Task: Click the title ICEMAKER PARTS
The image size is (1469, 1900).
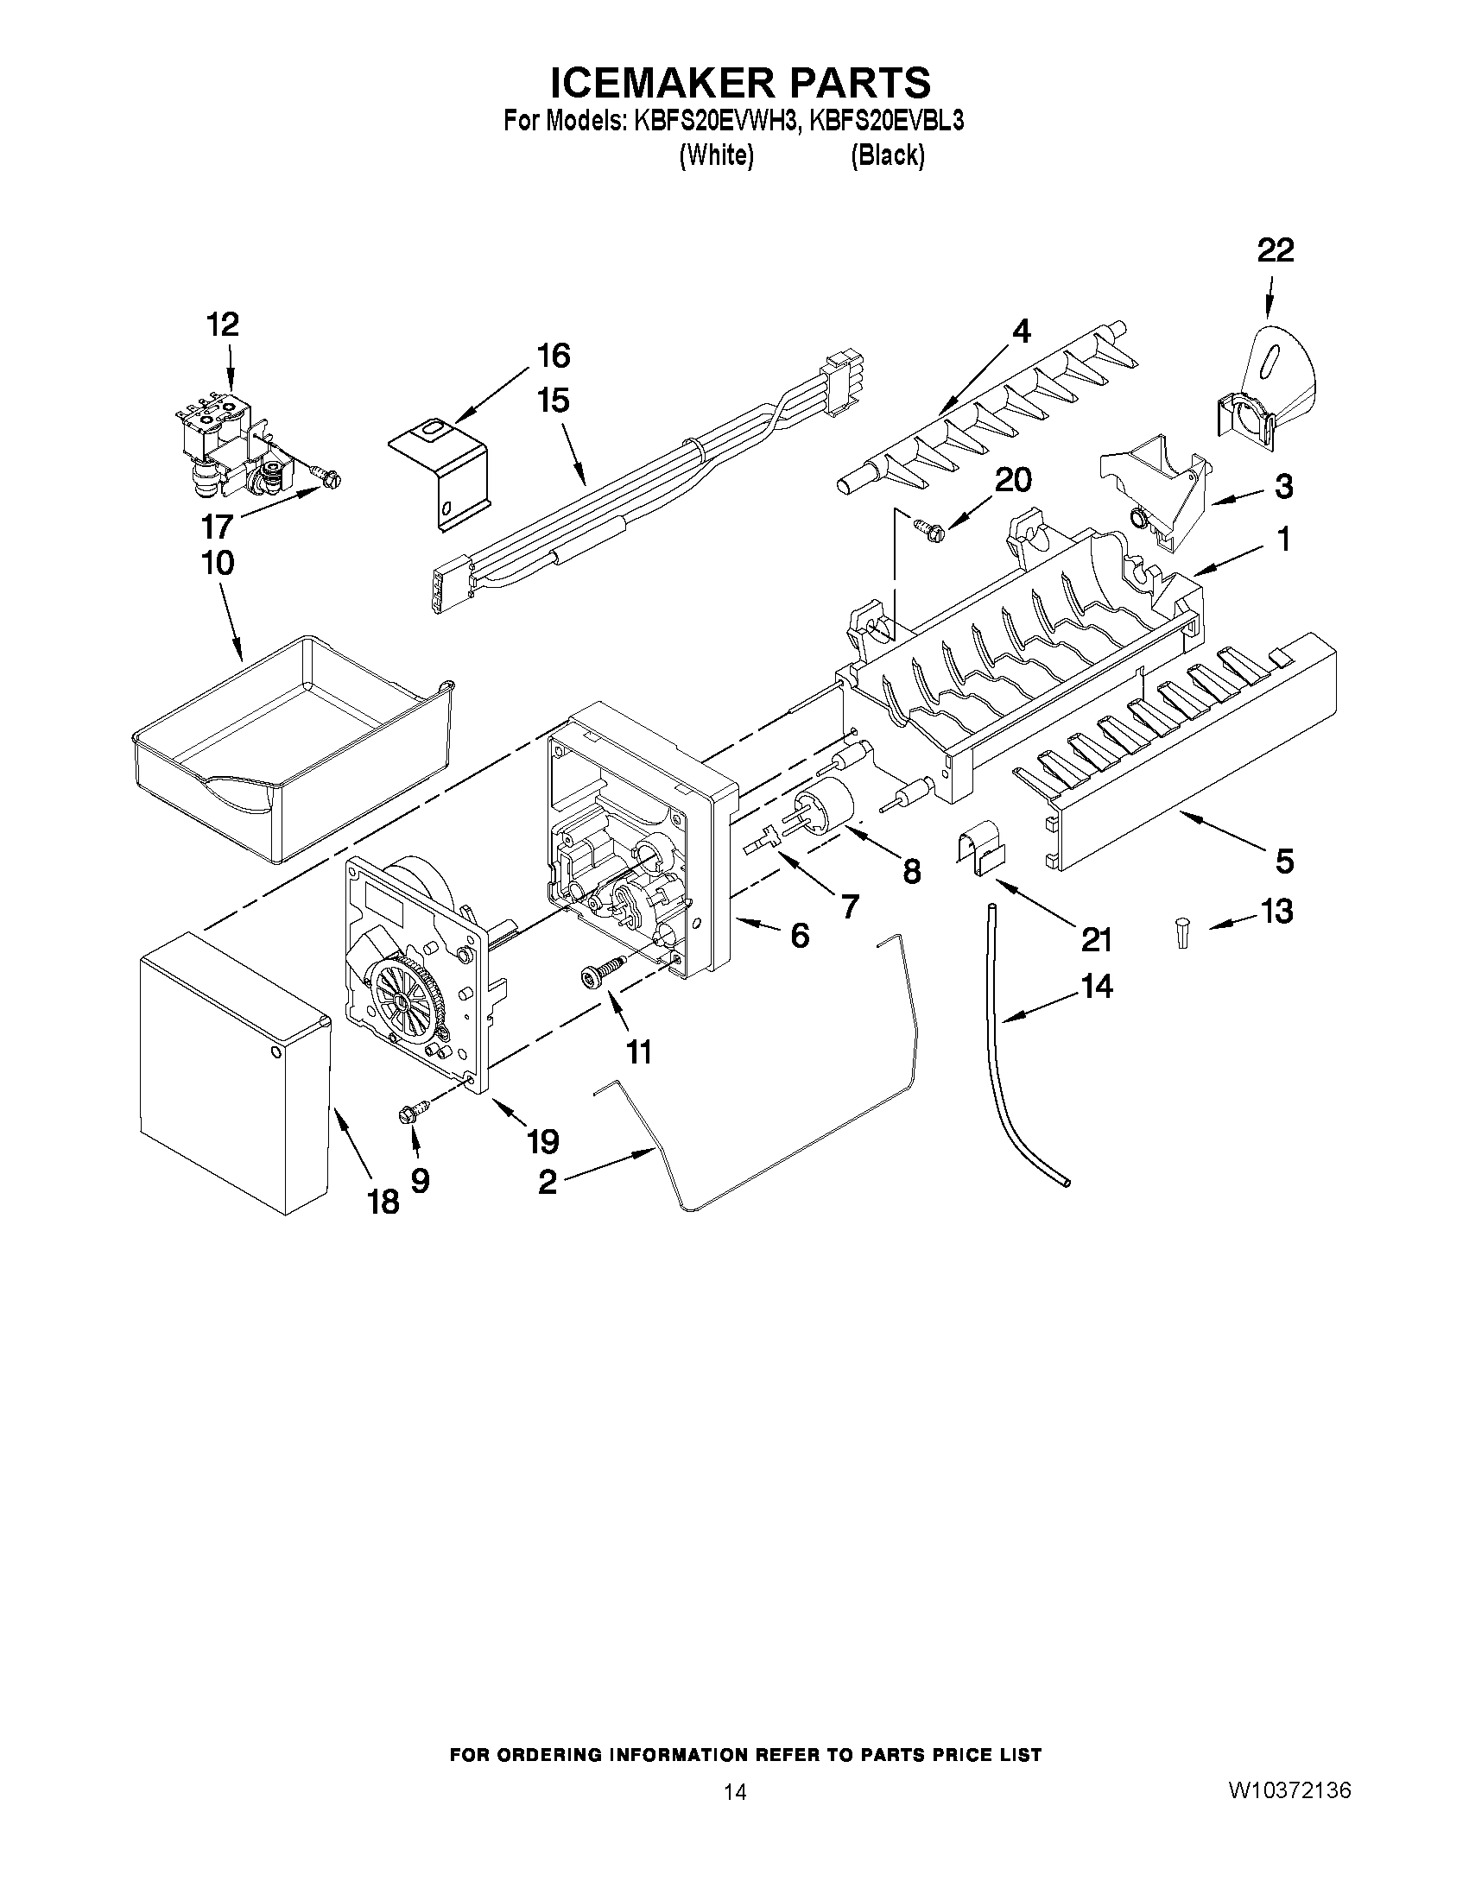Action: (740, 82)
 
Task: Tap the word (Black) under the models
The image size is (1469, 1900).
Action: (887, 155)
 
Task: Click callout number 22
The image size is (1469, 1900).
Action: (1275, 250)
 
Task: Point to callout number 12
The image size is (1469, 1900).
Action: (223, 325)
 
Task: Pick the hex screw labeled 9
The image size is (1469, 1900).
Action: (409, 1114)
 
